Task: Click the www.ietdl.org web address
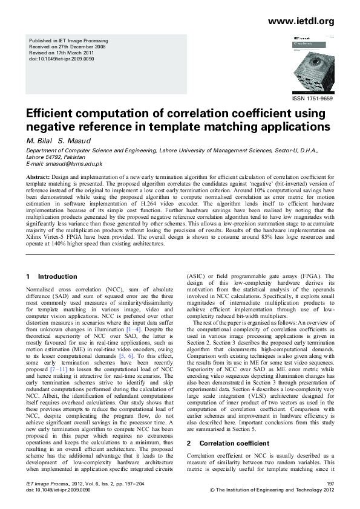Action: coord(301,21)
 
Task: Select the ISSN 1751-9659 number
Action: coord(312,97)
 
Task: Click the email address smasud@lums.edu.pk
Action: coord(72,164)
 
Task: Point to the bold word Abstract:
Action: coord(38,175)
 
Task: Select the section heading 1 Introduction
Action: coord(51,276)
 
